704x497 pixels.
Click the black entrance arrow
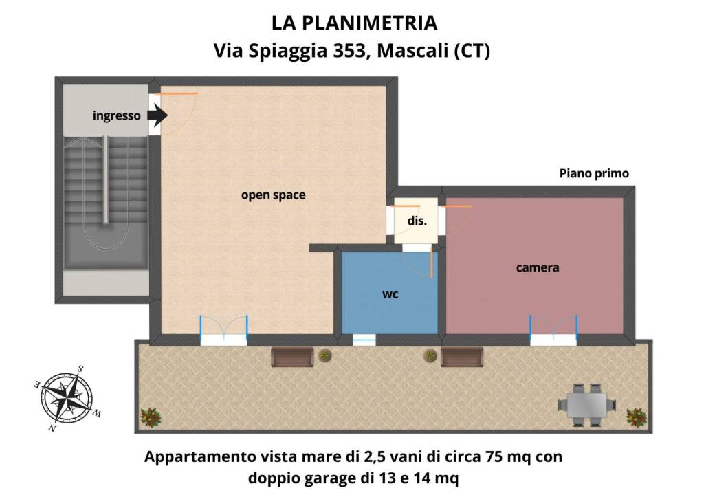click(x=157, y=115)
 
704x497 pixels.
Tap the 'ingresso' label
click(x=117, y=116)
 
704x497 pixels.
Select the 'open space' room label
click(x=273, y=195)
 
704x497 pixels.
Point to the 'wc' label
click(x=390, y=294)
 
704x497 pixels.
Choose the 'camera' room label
click(x=538, y=267)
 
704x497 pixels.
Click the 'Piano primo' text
click(x=594, y=174)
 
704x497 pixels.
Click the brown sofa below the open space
click(x=293, y=357)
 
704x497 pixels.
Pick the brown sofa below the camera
click(x=461, y=357)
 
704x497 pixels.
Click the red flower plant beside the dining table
click(x=637, y=417)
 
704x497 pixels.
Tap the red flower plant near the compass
click(x=149, y=417)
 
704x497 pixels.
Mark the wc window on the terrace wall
click(x=364, y=339)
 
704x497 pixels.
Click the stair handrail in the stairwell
click(x=105, y=179)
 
